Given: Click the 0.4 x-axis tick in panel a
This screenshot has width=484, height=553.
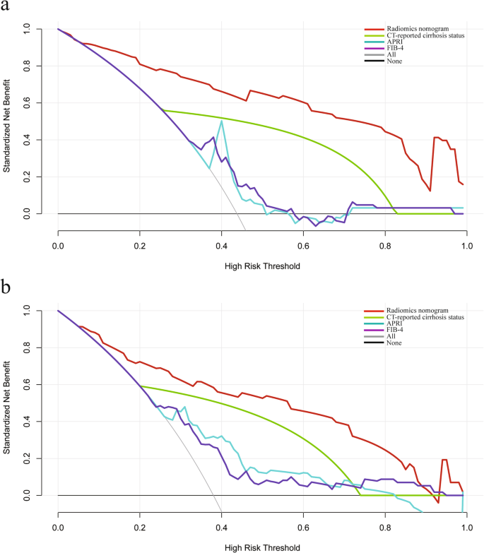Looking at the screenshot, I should point(221,244).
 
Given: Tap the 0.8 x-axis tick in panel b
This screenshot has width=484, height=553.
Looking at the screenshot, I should point(384,526).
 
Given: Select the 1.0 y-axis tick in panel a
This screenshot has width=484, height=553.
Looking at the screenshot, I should point(28,30).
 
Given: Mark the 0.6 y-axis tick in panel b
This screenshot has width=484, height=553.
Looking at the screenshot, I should point(28,385).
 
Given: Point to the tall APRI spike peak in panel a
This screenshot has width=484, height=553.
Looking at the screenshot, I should point(222,121).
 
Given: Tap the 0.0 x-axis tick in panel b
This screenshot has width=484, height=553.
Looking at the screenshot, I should point(58,526).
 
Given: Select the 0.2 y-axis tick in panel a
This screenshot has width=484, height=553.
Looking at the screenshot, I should point(28,177).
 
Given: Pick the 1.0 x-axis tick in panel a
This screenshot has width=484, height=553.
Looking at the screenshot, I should point(466,244).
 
